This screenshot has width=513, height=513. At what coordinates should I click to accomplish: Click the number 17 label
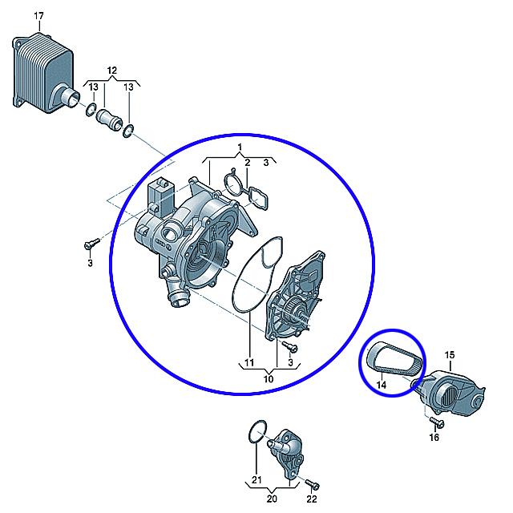coord(38,16)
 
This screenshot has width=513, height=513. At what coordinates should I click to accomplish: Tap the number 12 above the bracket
coord(112,71)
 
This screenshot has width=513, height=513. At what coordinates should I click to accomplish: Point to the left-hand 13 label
coord(94,87)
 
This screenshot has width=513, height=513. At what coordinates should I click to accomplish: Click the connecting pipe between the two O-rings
coord(109,119)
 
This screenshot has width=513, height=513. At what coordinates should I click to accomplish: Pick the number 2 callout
coord(248,163)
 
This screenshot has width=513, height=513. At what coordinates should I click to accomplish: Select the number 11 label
coord(249,362)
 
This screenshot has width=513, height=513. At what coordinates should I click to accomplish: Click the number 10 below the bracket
coord(269,379)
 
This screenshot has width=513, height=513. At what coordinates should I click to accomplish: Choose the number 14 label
coord(382,385)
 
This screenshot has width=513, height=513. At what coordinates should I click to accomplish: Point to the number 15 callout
coord(450,354)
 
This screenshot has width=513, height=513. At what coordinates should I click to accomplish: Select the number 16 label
coord(434,437)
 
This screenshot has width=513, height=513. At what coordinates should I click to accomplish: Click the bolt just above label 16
coord(437,422)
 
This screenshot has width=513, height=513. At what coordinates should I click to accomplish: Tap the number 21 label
coord(256,479)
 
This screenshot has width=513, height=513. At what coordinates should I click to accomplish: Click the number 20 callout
coord(272,499)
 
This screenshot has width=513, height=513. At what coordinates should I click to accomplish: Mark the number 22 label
coord(312,499)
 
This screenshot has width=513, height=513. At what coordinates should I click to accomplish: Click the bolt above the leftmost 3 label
coord(91,244)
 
